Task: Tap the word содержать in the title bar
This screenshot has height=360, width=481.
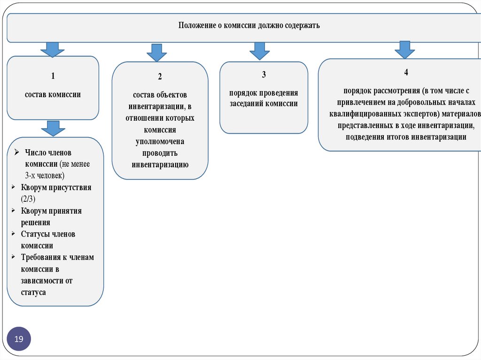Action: pos(303,25)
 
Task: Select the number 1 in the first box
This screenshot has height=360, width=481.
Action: pos(53,76)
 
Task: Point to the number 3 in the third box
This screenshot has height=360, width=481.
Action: pos(264,74)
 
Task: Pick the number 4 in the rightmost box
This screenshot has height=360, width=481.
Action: pos(406,72)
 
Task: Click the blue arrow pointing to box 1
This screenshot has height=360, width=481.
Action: pos(53,49)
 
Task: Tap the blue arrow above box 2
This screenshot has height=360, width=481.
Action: pos(157,53)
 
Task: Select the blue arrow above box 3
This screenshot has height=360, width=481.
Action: pos(259,51)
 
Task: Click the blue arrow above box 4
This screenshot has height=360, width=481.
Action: pos(404,49)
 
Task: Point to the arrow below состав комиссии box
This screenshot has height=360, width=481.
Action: pos(53,128)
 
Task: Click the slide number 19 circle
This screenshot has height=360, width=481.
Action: pos(19,339)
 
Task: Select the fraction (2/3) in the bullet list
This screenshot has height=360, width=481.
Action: pos(28,199)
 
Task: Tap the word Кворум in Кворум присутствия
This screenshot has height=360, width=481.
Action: pos(34,187)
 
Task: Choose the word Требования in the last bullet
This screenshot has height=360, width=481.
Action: pos(41,257)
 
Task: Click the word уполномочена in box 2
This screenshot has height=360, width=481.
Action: pos(160,141)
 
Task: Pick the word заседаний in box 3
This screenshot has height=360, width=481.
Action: pos(246,104)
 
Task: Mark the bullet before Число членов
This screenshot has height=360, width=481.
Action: pos(16,152)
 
